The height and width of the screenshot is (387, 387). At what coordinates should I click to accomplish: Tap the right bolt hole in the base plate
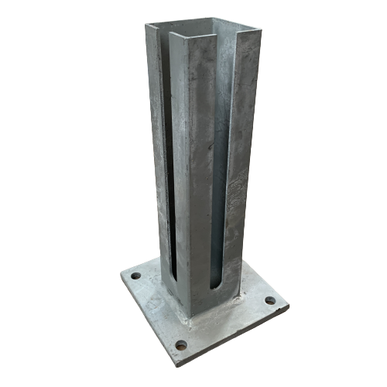point(269,300)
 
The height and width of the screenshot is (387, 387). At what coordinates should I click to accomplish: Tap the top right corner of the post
point(261,29)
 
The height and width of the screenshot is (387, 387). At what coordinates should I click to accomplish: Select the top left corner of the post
point(146,23)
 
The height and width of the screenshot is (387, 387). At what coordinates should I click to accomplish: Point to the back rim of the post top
point(203,20)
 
